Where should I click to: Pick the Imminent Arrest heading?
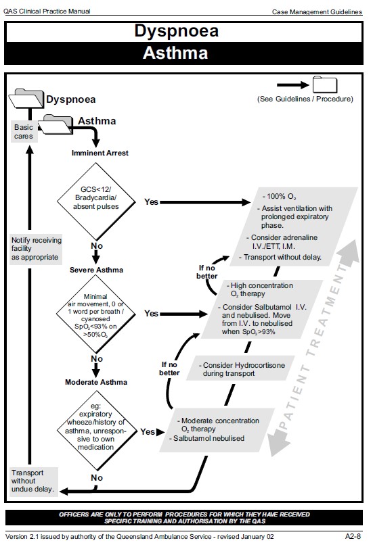[x=100, y=153]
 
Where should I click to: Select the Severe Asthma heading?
[x=96, y=270]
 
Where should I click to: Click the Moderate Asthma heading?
[x=96, y=382]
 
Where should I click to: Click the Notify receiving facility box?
[x=36, y=248]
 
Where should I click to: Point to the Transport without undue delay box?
[x=32, y=479]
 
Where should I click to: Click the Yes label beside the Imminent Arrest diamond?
[x=152, y=201]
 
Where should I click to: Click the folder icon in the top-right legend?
[x=324, y=85]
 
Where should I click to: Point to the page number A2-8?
[x=353, y=535]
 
